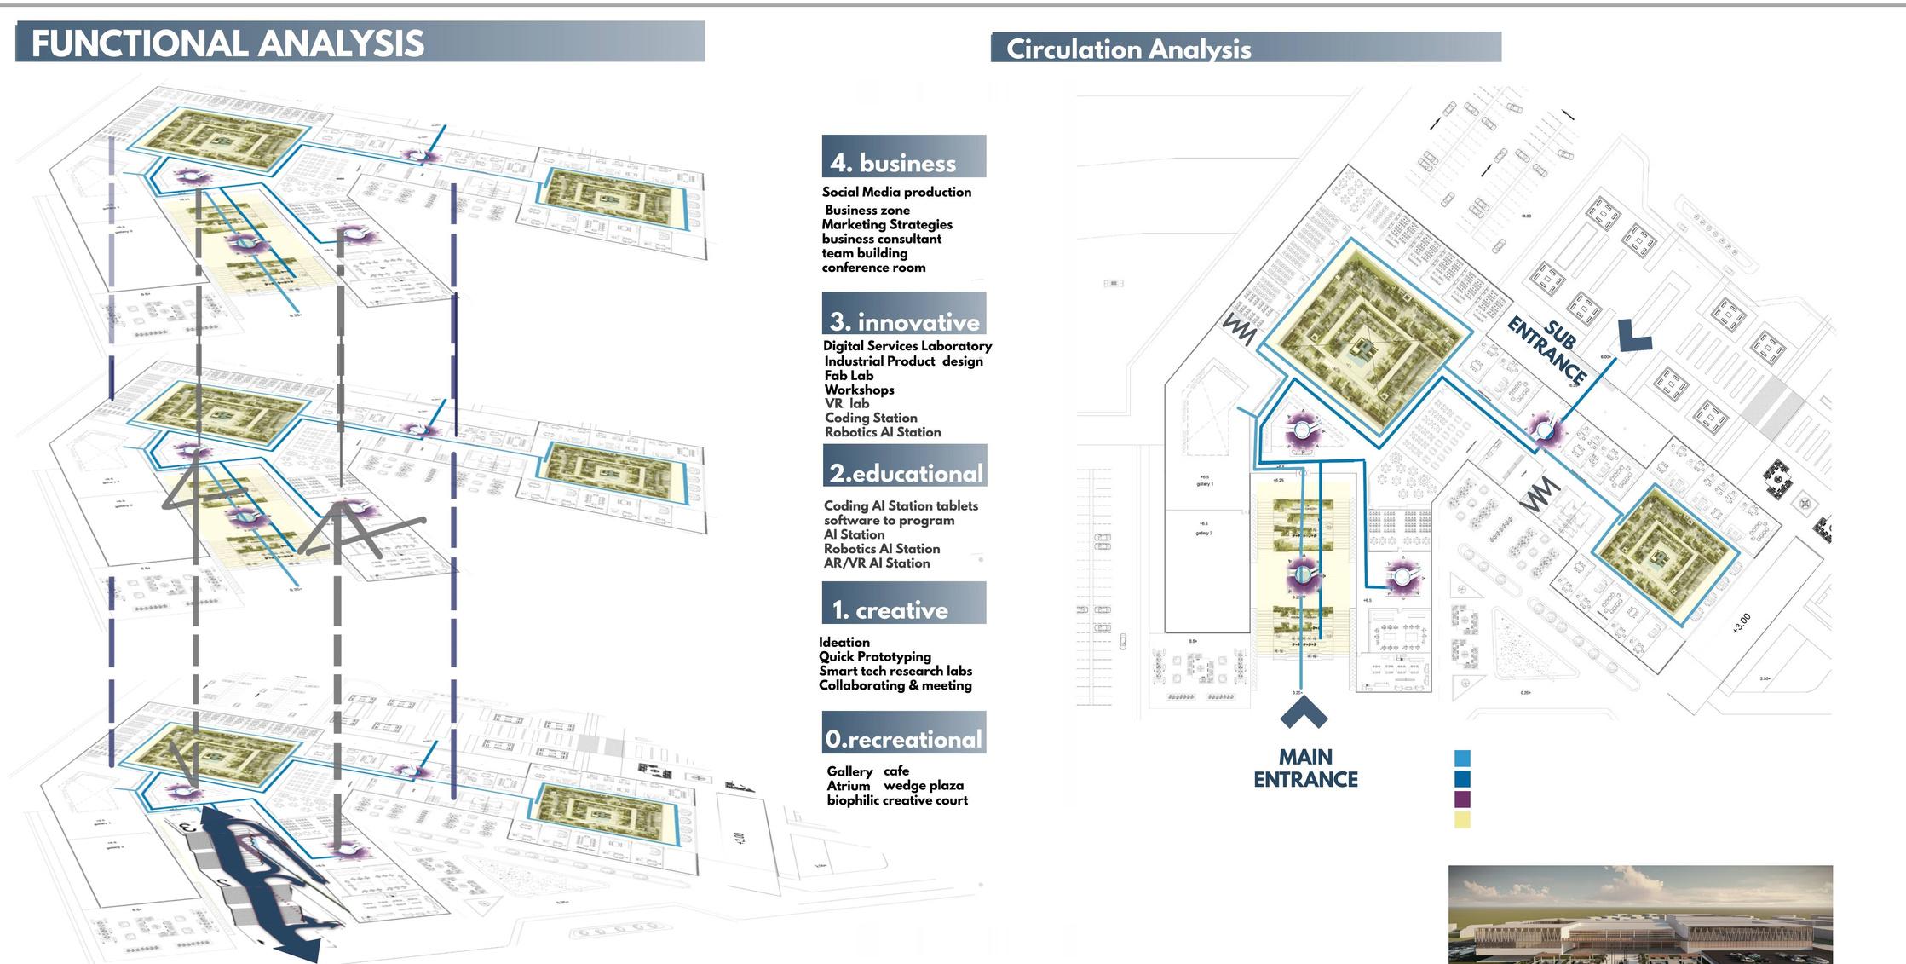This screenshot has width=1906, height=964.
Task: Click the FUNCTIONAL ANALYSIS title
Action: pos(227,43)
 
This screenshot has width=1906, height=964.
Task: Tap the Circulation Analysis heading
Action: pos(1128,49)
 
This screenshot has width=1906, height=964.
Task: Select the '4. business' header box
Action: pos(903,158)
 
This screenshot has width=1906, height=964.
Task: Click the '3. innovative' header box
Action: pos(903,315)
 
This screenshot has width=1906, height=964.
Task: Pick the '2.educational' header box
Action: pos(905,467)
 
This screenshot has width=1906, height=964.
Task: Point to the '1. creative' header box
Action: pos(902,604)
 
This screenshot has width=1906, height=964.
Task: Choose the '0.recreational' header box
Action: pos(903,734)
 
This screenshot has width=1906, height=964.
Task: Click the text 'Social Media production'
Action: pos(896,193)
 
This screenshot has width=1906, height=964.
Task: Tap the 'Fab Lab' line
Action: pos(849,375)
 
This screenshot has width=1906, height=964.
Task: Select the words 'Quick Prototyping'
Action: pos(874,656)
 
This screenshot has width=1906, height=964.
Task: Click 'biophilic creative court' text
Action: pos(897,800)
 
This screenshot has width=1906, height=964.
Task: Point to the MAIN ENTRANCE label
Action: pos(1305,768)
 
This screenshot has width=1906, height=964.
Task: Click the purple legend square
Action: pos(1462,799)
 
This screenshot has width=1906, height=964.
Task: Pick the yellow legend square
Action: pos(1462,820)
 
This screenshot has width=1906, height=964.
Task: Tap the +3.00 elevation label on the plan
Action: pos(1742,623)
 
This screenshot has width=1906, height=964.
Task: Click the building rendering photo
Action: pos(1639,914)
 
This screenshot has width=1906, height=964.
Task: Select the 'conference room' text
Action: pos(873,268)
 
